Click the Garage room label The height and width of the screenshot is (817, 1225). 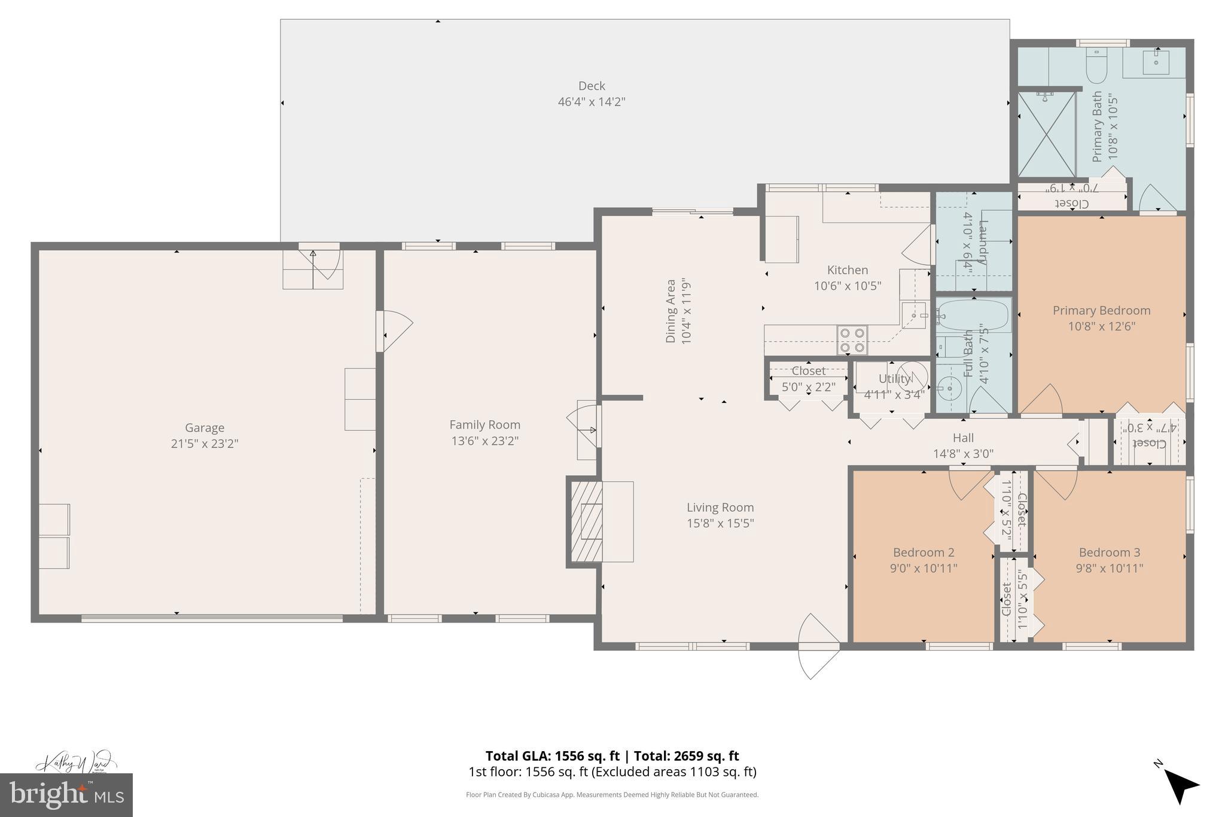pyautogui.click(x=204, y=427)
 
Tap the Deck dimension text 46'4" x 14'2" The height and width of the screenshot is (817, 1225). pyautogui.click(x=591, y=102)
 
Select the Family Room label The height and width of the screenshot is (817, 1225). pyautogui.click(x=484, y=424)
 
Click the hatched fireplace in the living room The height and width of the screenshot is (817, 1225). pyautogui.click(x=586, y=521)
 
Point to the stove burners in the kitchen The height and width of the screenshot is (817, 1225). pyautogui.click(x=852, y=339)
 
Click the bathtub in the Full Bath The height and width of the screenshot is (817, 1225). pyautogui.click(x=973, y=315)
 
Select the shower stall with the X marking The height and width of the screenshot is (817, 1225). pyautogui.click(x=1046, y=135)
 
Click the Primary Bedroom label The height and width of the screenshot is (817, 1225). pyautogui.click(x=1101, y=310)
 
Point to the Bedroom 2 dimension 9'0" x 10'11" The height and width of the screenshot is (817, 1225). pyautogui.click(x=923, y=568)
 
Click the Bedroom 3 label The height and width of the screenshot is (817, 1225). pyautogui.click(x=1109, y=552)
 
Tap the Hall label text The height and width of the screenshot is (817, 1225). pyautogui.click(x=963, y=438)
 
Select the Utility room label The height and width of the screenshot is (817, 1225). pyautogui.click(x=894, y=378)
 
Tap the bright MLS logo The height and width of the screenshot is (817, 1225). pyautogui.click(x=66, y=795)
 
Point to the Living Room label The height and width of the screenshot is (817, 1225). pyautogui.click(x=720, y=508)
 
